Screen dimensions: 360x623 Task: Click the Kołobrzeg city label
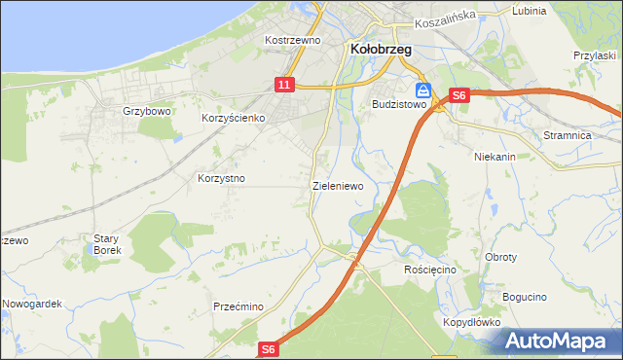tap(379, 48)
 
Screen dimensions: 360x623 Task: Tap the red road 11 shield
tap(284, 86)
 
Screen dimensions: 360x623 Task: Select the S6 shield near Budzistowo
tap(459, 95)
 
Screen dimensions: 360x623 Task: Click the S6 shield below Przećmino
tap(270, 348)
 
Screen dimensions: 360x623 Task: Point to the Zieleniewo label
tap(337, 185)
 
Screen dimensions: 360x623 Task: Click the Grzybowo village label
tap(147, 111)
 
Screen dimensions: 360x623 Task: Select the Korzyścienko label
tap(234, 118)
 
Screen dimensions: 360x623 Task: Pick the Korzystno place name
tap(221, 179)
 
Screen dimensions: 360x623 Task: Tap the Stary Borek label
tap(105, 243)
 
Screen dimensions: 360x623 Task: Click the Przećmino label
tap(238, 306)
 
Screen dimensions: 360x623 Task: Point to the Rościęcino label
tap(429, 269)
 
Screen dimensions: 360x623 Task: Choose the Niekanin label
tap(494, 156)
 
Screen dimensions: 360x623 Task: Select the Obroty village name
tap(500, 257)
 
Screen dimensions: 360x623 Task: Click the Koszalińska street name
tap(443, 19)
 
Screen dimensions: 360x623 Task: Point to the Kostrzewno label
tap(293, 40)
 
